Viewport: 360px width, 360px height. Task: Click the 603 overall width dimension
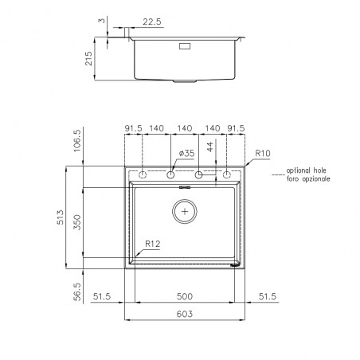tap(185, 314)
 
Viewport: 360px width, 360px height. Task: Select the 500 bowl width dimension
tap(185, 296)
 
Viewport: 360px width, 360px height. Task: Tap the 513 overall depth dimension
tap(61, 217)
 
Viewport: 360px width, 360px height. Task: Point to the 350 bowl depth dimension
tap(76, 222)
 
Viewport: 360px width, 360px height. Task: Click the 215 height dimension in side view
tap(88, 58)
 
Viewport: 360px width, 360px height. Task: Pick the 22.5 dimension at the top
tap(152, 22)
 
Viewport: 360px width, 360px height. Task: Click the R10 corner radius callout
tap(263, 153)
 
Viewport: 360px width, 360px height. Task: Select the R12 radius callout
tap(153, 244)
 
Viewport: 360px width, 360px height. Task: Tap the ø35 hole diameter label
tap(186, 153)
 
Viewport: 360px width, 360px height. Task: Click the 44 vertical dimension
tap(209, 147)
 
